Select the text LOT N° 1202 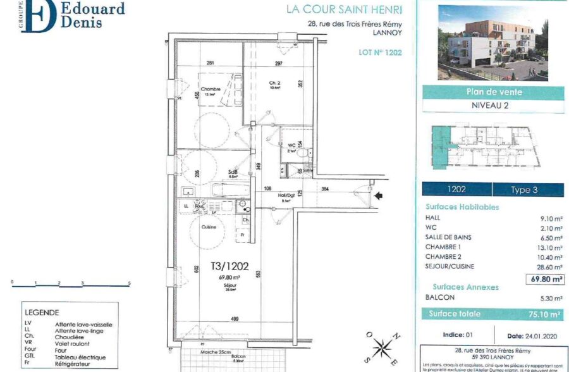[376, 53]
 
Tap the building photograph [493, 42]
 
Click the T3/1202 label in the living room [226, 267]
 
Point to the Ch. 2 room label [275, 84]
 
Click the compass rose [381, 347]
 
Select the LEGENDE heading [41, 312]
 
